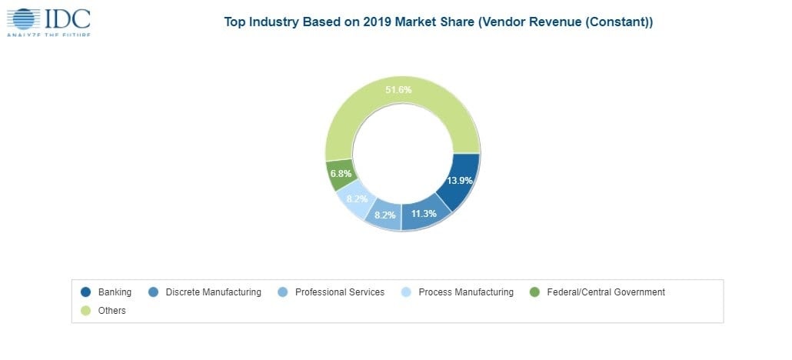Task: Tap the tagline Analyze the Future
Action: (x=48, y=35)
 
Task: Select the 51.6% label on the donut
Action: (x=398, y=90)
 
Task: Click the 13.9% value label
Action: (x=460, y=181)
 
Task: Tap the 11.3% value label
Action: (x=423, y=213)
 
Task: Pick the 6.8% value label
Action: (x=341, y=174)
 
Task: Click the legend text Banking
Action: (x=115, y=292)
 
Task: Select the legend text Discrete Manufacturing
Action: (x=212, y=292)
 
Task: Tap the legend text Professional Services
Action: (x=339, y=292)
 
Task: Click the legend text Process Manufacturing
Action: (x=465, y=292)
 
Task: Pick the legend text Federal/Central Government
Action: (x=605, y=292)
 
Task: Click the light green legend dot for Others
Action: (x=85, y=311)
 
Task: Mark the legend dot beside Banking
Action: (x=85, y=292)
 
